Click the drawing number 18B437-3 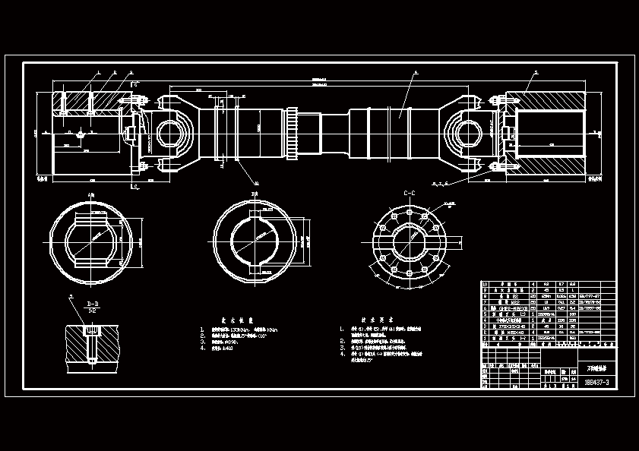[596, 382]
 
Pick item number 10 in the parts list [486, 285]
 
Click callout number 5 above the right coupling [536, 72]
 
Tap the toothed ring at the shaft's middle [293, 134]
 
